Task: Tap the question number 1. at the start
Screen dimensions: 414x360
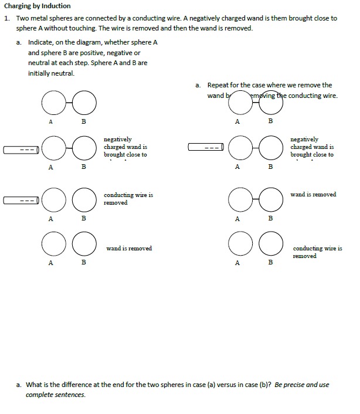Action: (x=7, y=18)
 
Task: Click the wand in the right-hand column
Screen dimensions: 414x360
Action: (x=206, y=147)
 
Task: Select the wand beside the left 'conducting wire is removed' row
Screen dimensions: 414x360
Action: (x=22, y=200)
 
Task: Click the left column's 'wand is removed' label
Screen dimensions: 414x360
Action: (x=129, y=249)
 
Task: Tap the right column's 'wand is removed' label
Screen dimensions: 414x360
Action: (x=313, y=195)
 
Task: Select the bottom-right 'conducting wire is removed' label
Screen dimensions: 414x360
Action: (x=317, y=252)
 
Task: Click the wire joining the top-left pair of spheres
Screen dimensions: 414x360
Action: (x=69, y=103)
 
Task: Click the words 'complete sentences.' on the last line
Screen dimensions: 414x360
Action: (x=56, y=395)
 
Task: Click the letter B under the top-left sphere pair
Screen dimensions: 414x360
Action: (x=83, y=121)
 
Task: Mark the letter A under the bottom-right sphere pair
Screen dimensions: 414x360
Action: (x=237, y=263)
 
